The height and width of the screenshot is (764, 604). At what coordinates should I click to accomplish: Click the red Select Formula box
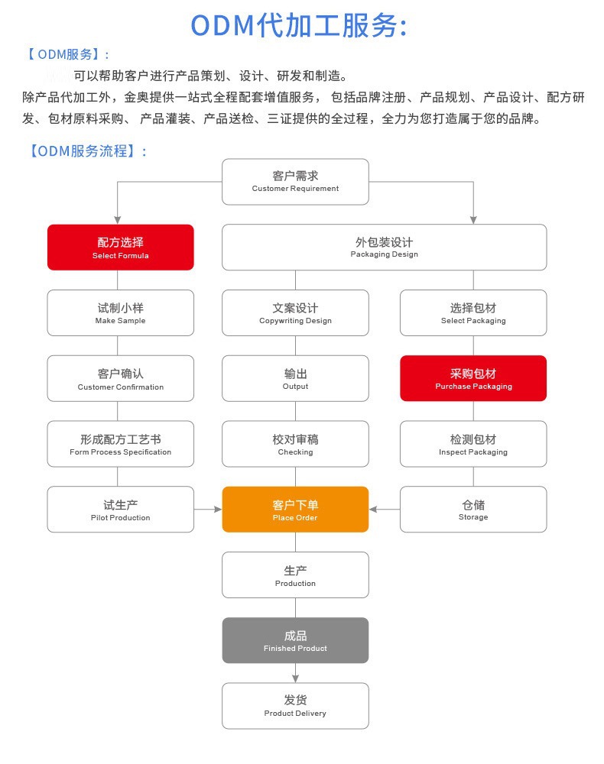(120, 247)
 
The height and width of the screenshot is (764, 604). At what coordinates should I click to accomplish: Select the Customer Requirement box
(295, 181)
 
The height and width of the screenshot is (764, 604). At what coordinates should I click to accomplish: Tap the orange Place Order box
(295, 510)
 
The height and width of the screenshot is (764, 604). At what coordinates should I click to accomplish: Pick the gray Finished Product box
(295, 640)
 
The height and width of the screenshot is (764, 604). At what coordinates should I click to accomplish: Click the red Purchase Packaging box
(473, 378)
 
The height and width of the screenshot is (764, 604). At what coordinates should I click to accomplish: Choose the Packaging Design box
(384, 247)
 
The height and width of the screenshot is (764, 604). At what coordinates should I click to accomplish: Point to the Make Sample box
(120, 312)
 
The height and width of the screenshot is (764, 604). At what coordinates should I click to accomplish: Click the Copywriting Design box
(295, 312)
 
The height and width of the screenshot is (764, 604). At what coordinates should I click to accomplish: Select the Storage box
(473, 510)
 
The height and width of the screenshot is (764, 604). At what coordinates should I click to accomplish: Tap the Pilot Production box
(120, 510)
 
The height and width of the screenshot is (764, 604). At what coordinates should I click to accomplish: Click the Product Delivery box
(295, 705)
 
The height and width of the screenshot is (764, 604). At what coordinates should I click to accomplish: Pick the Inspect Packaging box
(473, 444)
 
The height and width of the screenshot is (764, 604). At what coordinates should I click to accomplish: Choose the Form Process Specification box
(120, 444)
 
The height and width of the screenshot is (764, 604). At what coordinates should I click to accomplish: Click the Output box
(295, 378)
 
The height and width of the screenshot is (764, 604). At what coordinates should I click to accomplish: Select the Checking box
(295, 444)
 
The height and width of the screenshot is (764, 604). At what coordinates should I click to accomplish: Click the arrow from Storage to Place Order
(384, 509)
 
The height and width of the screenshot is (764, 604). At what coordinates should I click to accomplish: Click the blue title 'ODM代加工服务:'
(298, 24)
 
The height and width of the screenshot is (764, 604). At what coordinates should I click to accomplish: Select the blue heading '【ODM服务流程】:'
(86, 151)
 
